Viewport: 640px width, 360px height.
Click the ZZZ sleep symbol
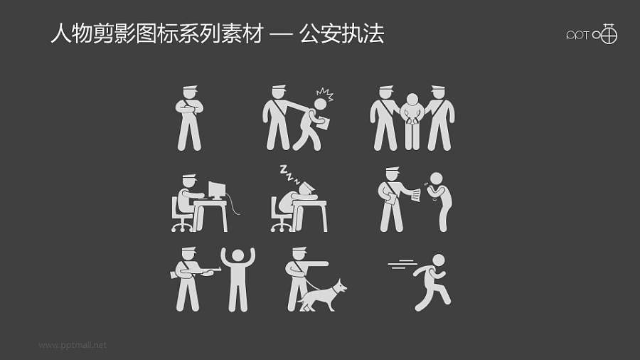tap(289, 171)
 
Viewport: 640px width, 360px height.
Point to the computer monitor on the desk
tap(216, 191)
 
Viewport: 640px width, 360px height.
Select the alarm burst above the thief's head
tap(324, 95)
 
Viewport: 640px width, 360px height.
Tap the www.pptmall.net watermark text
tap(73, 345)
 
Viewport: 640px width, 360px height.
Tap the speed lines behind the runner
tap(402, 266)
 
